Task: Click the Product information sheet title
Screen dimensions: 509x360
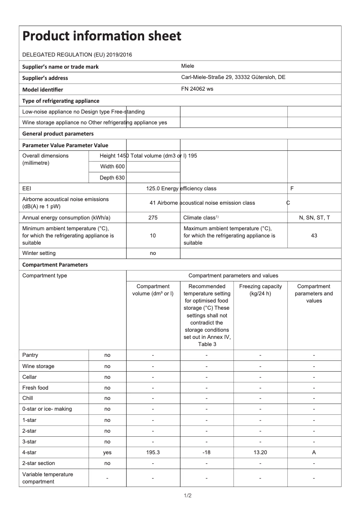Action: (x=102, y=36)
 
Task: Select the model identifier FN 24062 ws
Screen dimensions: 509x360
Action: (x=197, y=89)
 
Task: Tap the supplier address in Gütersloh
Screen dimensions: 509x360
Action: (x=233, y=77)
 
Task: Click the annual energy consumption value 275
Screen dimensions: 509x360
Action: (x=153, y=218)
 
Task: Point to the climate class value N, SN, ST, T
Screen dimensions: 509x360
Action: (x=314, y=218)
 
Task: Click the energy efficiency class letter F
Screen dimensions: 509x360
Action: (x=292, y=189)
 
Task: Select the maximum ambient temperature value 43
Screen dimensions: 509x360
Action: (x=314, y=236)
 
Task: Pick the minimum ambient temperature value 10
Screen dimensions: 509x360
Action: (x=153, y=236)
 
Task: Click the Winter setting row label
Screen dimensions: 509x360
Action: (x=39, y=254)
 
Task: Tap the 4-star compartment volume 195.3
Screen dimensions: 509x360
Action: (x=153, y=453)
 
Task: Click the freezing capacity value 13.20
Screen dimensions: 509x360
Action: (x=260, y=453)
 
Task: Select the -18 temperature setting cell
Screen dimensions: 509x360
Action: (x=206, y=453)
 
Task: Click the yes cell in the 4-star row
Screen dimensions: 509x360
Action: (x=107, y=453)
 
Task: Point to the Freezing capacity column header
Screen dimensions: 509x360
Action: (x=260, y=290)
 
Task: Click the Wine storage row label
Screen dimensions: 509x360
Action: (x=38, y=366)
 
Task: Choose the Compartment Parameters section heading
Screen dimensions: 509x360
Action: (x=55, y=265)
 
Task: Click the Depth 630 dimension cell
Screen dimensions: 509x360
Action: (x=112, y=178)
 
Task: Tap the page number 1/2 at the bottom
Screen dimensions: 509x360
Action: (x=188, y=496)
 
